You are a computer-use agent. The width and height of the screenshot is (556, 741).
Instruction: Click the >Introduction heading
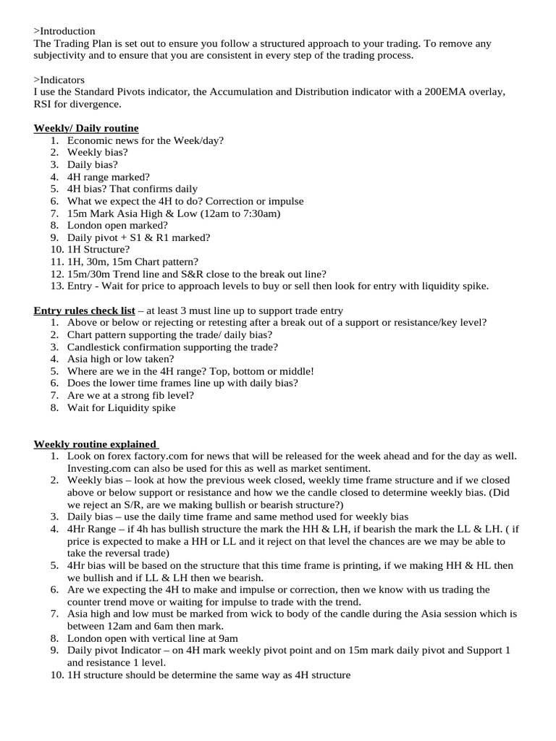64,31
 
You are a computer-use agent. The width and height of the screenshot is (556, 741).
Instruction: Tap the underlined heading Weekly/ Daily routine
86,128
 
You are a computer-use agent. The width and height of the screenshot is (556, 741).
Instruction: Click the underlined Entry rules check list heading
84,310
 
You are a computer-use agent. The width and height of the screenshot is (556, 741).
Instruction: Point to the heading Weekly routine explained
96,444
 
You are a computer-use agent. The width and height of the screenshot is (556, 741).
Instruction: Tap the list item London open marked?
117,225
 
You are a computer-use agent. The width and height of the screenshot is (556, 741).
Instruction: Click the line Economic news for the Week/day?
146,140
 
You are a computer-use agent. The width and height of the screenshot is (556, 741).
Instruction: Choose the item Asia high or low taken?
121,359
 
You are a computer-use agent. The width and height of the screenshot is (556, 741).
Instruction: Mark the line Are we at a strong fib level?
130,395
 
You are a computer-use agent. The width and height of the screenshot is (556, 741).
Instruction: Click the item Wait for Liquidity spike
121,407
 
